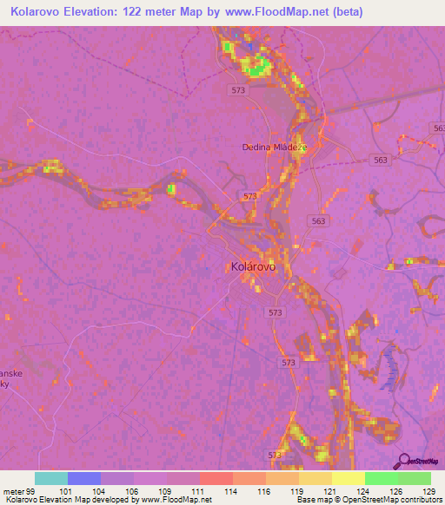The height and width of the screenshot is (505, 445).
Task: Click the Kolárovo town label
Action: (253, 267)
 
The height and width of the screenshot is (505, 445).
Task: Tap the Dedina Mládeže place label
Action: (275, 147)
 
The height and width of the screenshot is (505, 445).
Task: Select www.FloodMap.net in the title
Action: (270, 12)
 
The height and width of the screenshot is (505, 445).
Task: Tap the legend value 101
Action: (67, 491)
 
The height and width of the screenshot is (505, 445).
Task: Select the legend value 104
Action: (101, 491)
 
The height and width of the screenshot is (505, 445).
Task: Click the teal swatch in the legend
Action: (50, 478)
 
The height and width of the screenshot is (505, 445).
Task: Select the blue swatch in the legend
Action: (83, 478)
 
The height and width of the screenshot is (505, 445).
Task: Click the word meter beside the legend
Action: (13, 491)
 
